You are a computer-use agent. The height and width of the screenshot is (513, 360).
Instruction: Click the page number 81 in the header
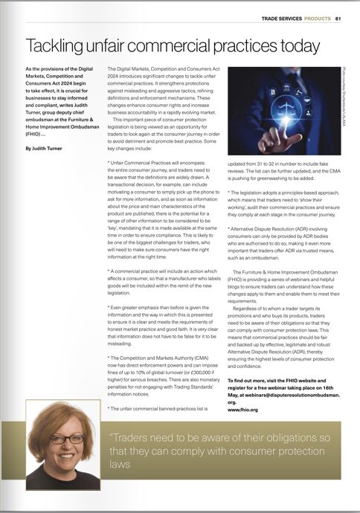pyautogui.click(x=338, y=19)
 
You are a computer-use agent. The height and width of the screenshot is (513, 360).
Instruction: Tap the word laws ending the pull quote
pyautogui.click(x=119, y=465)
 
